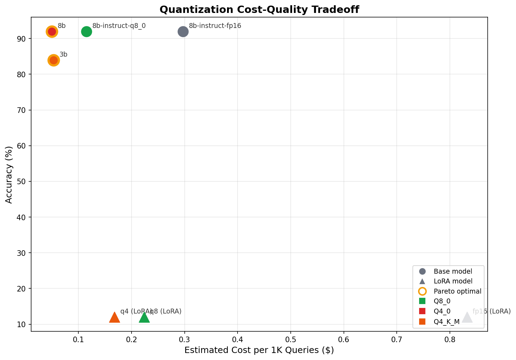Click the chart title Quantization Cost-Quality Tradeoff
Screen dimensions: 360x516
click(259, 9)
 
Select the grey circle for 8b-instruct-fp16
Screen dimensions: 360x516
click(183, 32)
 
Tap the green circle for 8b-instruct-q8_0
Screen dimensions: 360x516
click(86, 32)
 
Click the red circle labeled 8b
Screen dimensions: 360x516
click(52, 32)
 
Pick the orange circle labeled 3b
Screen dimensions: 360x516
click(54, 60)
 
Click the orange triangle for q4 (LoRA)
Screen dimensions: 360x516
click(114, 317)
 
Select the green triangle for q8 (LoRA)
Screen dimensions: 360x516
click(144, 317)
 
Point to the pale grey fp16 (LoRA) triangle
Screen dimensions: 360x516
click(467, 317)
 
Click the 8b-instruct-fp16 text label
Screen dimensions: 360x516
click(215, 26)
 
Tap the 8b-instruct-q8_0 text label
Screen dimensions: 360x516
click(119, 26)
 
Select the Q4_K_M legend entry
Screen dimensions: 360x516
click(446, 322)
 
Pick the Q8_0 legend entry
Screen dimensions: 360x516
click(442, 301)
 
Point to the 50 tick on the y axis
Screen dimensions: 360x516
click(22, 182)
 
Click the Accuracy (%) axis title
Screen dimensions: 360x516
click(9, 174)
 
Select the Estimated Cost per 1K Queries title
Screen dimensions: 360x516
click(259, 350)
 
